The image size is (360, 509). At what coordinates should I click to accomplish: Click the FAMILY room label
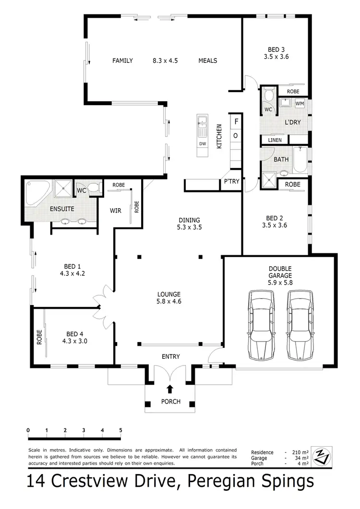(x=122, y=60)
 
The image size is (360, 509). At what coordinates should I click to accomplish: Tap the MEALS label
(x=208, y=60)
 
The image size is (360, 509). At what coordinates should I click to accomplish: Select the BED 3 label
(x=276, y=49)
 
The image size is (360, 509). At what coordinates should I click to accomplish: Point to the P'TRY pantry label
(x=228, y=182)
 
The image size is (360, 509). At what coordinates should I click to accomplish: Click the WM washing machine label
(x=299, y=104)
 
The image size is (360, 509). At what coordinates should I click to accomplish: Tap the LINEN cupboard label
(x=275, y=140)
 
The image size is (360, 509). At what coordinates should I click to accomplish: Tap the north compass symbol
(x=319, y=457)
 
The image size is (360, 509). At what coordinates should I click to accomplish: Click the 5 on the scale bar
(x=120, y=430)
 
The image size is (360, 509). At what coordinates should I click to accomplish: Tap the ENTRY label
(x=171, y=356)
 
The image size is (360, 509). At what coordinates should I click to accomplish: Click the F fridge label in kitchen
(x=236, y=122)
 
